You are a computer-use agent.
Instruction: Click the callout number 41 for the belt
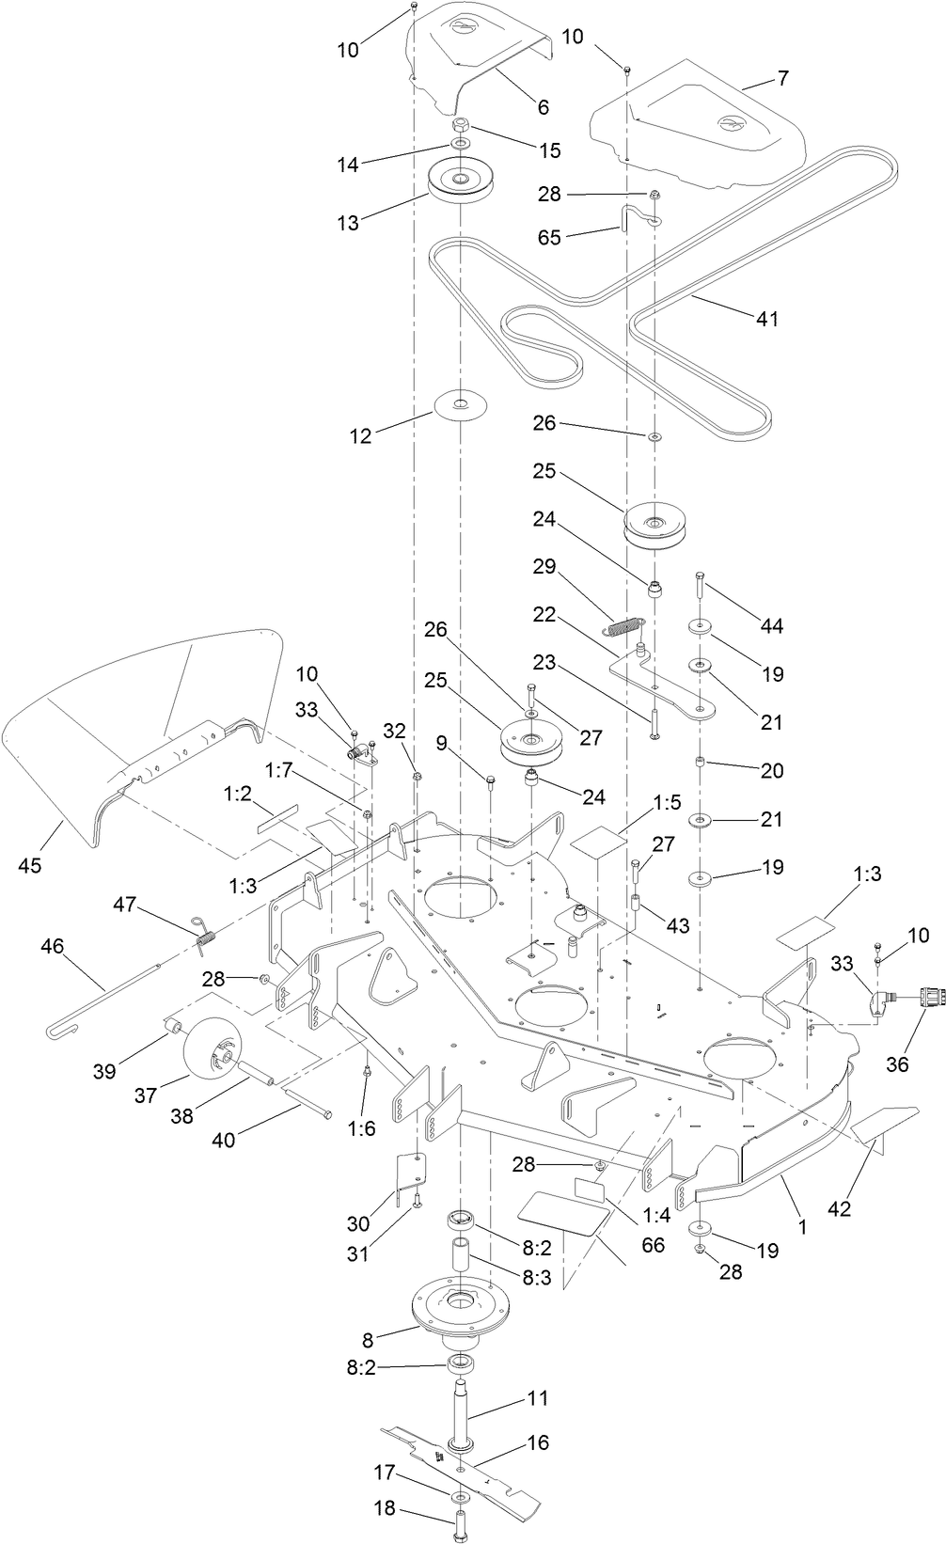click(767, 320)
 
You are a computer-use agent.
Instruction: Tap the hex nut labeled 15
click(461, 124)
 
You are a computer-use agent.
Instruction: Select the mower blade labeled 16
click(508, 1477)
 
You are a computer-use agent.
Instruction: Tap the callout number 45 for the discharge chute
click(30, 865)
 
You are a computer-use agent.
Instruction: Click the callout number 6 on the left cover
click(543, 107)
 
